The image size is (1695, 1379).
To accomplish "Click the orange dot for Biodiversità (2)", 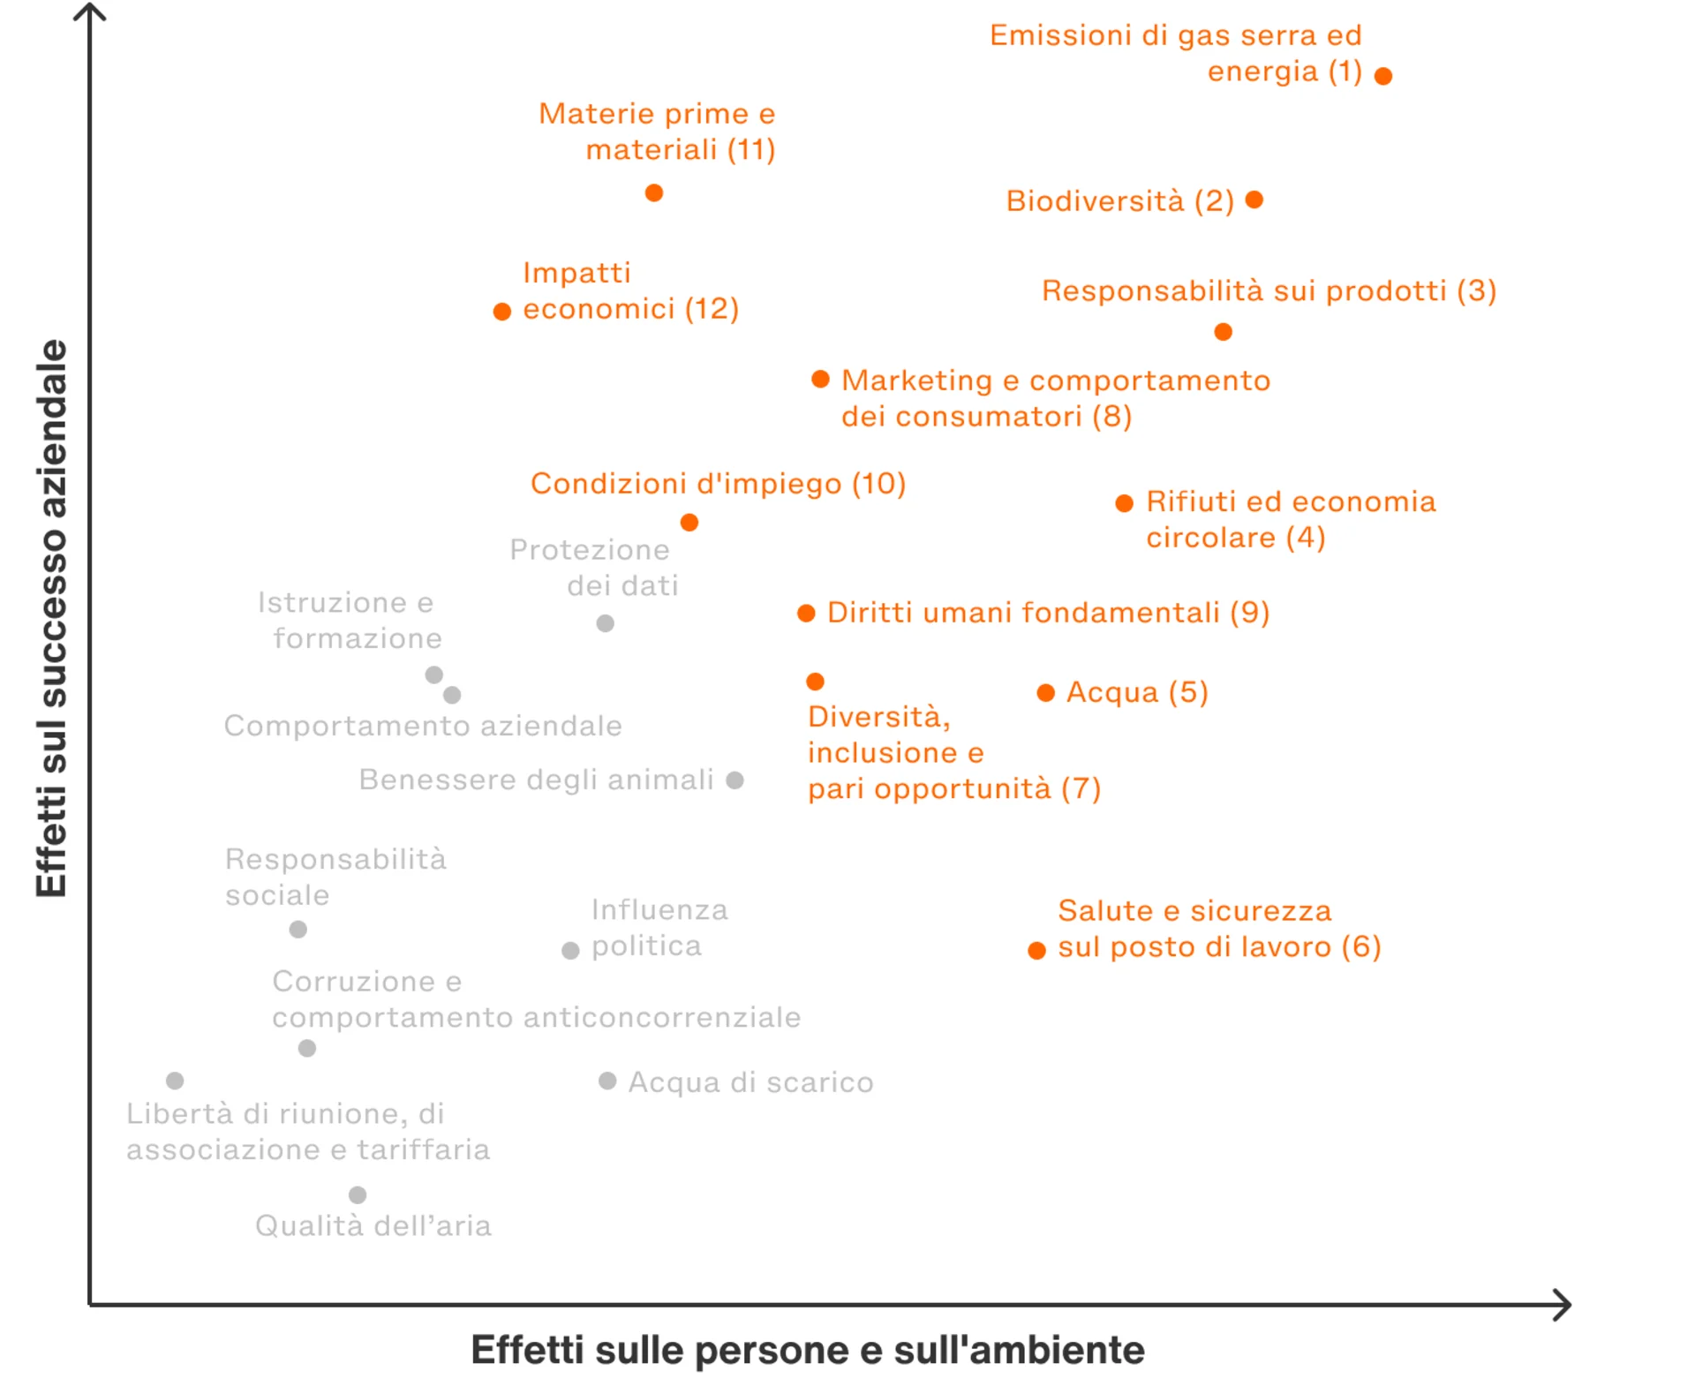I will (x=1254, y=200).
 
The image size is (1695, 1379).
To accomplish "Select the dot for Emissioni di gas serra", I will (x=1383, y=76).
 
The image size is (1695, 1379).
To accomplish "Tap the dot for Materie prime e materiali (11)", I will (x=653, y=192).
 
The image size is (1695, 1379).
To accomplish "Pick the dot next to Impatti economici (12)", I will (x=501, y=312).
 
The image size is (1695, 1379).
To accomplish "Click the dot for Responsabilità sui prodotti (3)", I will (x=1223, y=332).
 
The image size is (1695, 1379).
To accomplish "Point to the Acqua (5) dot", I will (x=1045, y=693).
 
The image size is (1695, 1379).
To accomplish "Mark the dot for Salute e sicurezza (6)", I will (x=1036, y=951).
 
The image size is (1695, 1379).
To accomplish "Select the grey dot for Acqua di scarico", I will (x=607, y=1081).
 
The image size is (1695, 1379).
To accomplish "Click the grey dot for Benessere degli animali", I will (x=734, y=780).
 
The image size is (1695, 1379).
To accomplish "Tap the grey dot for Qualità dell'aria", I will (x=358, y=1195).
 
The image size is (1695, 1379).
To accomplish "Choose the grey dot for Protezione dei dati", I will (x=605, y=624).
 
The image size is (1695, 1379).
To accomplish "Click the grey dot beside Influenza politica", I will (x=570, y=951).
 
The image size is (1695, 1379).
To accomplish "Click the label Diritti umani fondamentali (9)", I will (x=1048, y=613).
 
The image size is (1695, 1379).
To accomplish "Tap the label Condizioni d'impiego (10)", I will (x=718, y=484).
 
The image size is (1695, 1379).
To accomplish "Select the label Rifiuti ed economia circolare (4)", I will (x=1290, y=519).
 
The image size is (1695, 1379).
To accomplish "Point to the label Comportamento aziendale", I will (x=423, y=726).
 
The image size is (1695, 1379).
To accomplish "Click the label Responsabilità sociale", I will (x=335, y=877).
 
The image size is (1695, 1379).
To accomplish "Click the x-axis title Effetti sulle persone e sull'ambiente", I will (x=807, y=1350).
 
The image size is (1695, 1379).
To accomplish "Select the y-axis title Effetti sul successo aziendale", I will (x=51, y=618).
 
